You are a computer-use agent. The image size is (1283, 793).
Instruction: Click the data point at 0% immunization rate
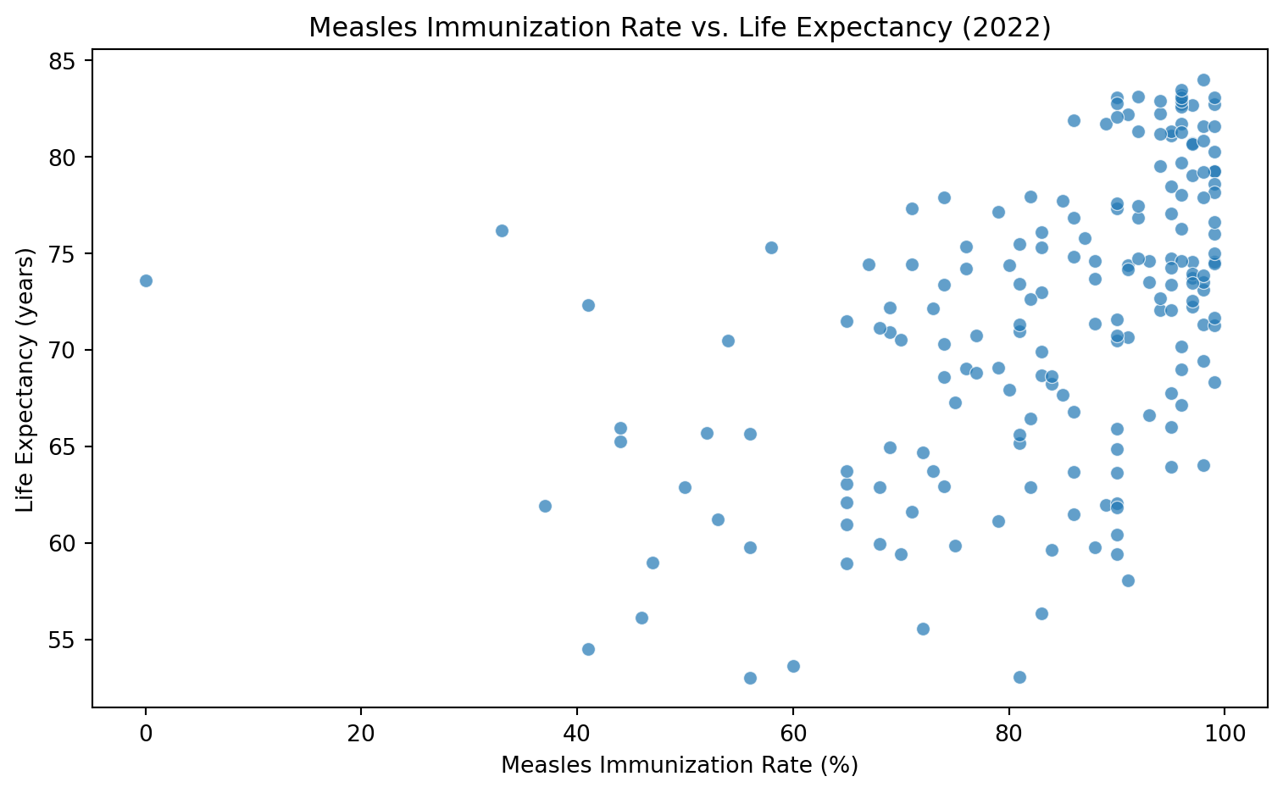[146, 280]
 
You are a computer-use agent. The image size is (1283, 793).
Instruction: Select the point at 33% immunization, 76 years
[502, 230]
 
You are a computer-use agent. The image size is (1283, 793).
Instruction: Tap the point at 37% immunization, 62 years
[545, 506]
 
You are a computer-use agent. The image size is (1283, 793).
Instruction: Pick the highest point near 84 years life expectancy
[1203, 80]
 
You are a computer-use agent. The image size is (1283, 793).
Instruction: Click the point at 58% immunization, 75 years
[771, 247]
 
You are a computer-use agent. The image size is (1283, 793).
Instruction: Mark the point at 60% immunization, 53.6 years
[793, 666]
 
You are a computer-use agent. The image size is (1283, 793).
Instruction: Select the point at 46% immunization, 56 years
[641, 618]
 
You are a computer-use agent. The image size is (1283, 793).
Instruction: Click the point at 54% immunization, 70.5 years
[728, 341]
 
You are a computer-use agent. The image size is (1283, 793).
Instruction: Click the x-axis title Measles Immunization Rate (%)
[680, 765]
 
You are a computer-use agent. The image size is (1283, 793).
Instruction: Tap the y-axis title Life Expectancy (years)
[25, 380]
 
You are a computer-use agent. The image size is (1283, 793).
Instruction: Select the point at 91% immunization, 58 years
[1128, 580]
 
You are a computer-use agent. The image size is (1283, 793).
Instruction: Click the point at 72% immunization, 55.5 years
[923, 629]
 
